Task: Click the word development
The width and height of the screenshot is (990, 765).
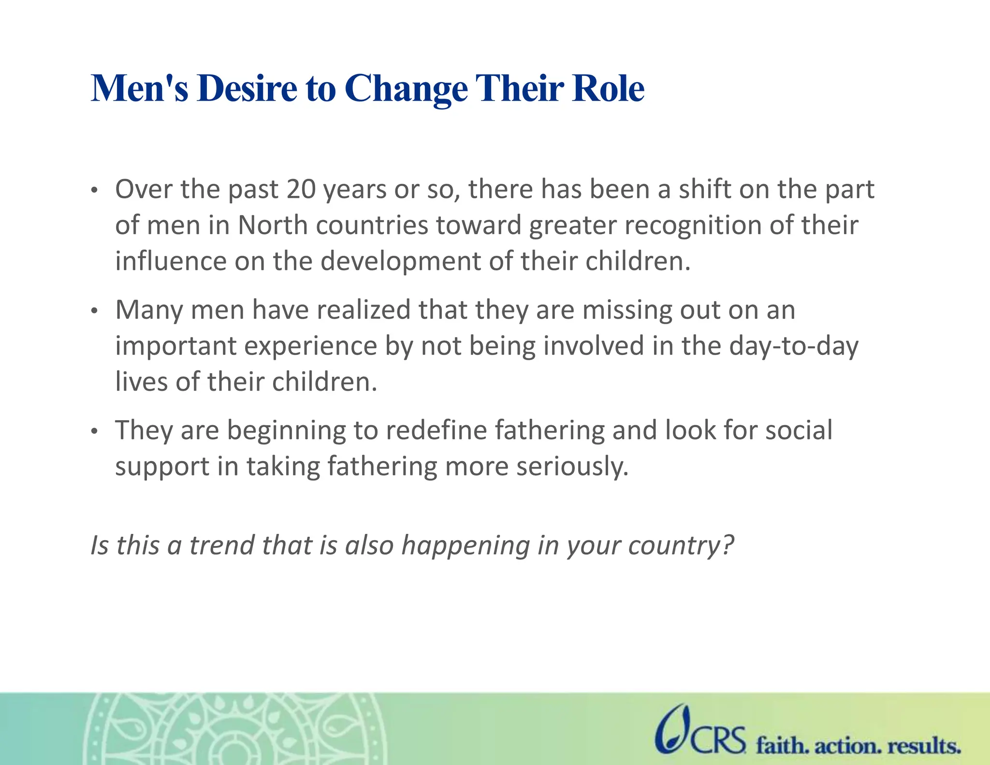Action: [x=400, y=262]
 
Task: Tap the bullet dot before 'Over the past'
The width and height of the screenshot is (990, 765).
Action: [x=95, y=191]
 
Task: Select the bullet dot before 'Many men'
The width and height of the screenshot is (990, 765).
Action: [x=95, y=311]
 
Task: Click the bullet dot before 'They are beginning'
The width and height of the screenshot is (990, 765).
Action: [x=95, y=431]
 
